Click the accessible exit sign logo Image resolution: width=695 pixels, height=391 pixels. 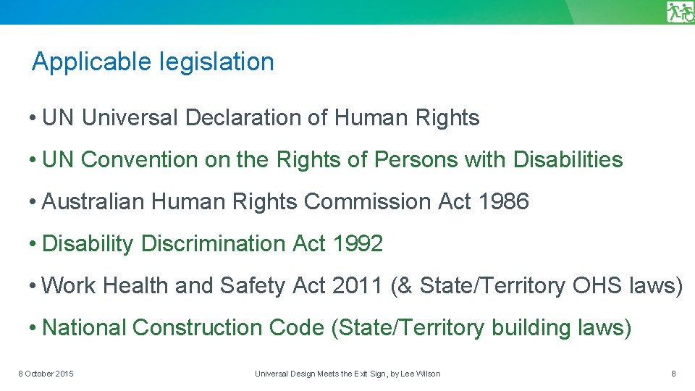click(x=680, y=12)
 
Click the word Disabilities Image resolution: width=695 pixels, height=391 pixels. click(x=568, y=160)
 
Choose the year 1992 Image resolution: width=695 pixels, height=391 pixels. click(x=358, y=244)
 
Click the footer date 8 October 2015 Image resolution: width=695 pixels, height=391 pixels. click(x=46, y=374)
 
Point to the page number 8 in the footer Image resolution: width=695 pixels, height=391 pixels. click(x=673, y=374)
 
